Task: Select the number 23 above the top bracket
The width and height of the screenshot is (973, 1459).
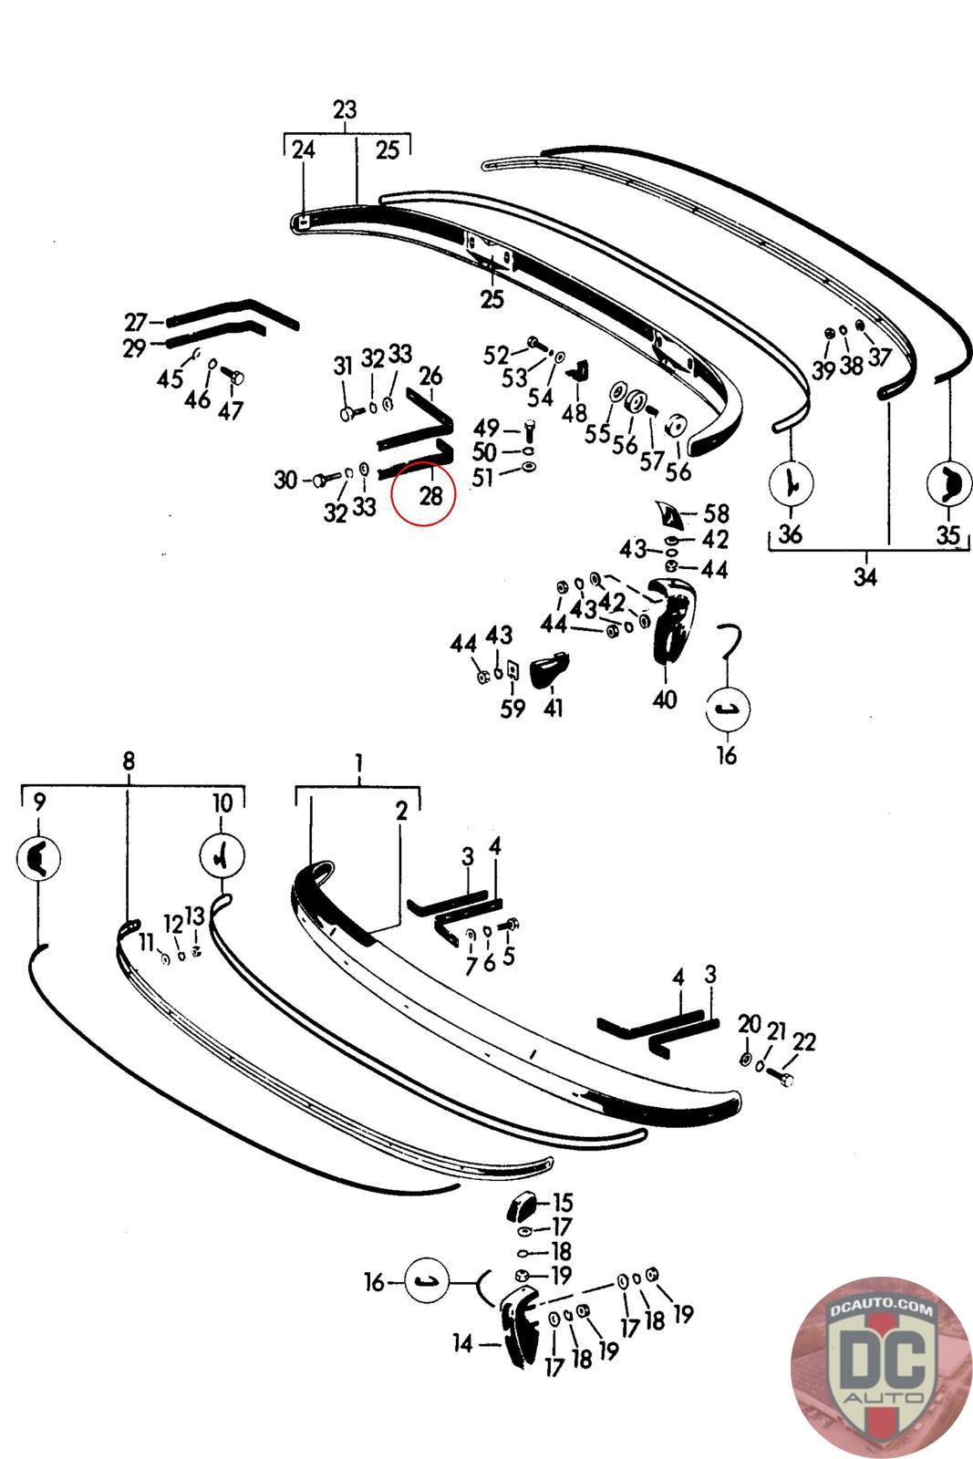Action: (345, 110)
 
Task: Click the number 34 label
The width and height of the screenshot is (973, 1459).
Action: (864, 576)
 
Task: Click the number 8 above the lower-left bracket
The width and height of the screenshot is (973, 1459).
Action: (129, 760)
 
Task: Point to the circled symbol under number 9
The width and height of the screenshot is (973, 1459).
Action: (38, 857)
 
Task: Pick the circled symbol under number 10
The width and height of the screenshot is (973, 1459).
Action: (222, 855)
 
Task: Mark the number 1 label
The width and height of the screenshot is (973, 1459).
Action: (359, 760)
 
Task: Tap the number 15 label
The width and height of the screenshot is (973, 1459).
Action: (563, 1203)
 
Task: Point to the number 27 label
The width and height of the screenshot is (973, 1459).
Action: (136, 322)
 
